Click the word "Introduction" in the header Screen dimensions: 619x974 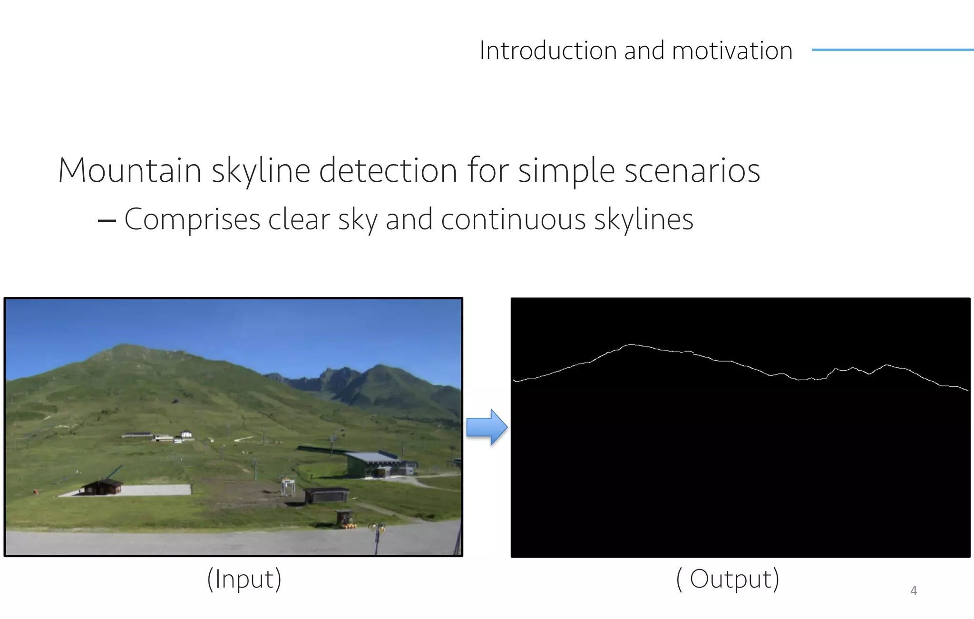click(548, 50)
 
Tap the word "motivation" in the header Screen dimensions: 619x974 click(732, 50)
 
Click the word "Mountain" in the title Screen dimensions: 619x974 click(130, 170)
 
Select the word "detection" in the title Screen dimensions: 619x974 click(388, 170)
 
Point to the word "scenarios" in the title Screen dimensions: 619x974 click(692, 170)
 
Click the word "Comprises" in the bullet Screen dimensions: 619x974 click(192, 220)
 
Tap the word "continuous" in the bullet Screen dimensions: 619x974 click(513, 220)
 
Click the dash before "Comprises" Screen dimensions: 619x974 click(107, 220)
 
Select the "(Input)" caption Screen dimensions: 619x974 click(244, 579)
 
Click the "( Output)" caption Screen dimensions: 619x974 click(728, 579)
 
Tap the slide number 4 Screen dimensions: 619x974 click(913, 590)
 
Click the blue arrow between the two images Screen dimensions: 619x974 click(487, 427)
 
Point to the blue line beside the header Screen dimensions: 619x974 click(892, 49)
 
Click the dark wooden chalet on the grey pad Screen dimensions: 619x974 click(102, 487)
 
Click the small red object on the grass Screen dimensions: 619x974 click(35, 491)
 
